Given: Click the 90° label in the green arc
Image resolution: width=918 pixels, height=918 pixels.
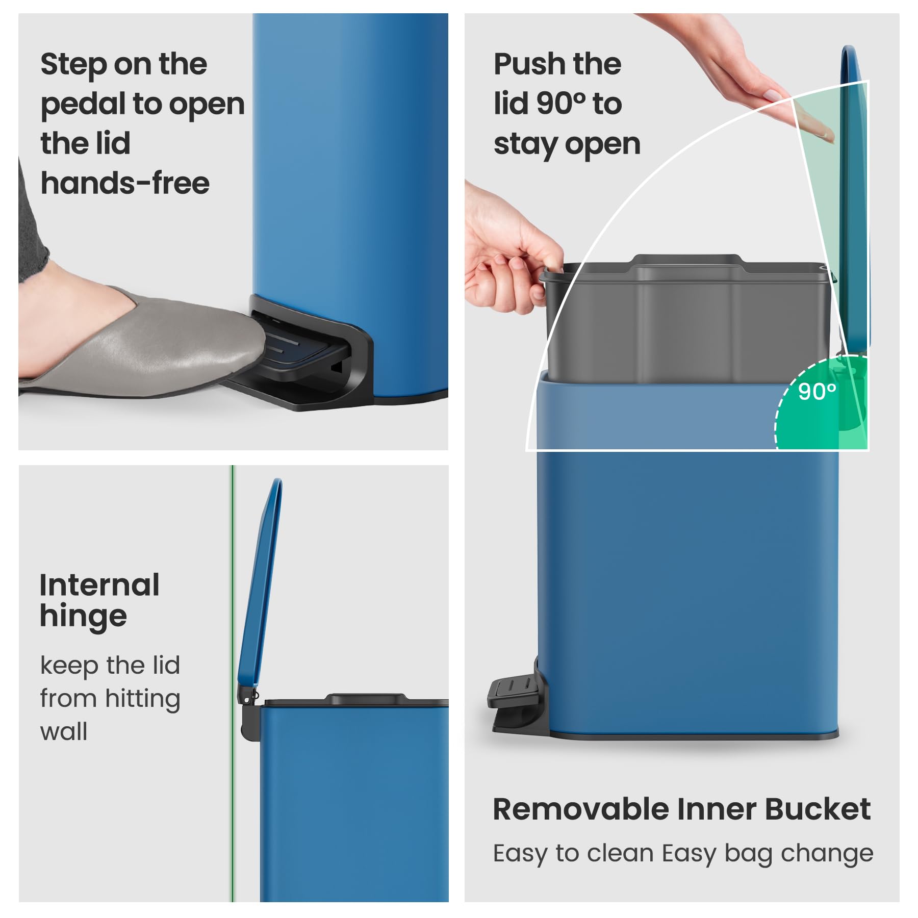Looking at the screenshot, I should (x=817, y=392).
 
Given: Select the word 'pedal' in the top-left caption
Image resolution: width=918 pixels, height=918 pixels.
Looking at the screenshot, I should (x=82, y=104).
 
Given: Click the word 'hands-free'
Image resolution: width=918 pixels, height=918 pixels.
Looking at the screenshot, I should (x=125, y=183).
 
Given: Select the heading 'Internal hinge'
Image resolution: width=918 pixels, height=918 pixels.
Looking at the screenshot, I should (x=99, y=600).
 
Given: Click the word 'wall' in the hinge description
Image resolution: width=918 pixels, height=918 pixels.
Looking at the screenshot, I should (x=64, y=732).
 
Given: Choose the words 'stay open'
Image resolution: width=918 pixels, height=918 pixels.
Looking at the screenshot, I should (x=567, y=144).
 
